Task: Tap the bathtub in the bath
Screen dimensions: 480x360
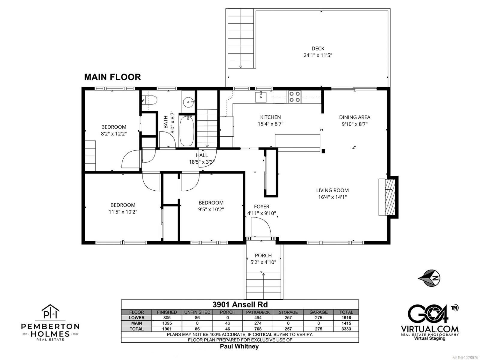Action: [x=187, y=131]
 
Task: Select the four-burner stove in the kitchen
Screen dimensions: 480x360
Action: [x=294, y=97]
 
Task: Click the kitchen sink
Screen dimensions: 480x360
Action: [x=261, y=97]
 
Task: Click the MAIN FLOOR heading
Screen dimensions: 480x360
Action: [x=112, y=77]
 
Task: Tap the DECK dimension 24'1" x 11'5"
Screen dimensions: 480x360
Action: [x=318, y=55]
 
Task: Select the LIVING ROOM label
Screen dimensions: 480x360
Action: [x=332, y=190]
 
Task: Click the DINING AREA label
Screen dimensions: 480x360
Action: [x=355, y=117]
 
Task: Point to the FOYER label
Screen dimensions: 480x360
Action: [x=262, y=207]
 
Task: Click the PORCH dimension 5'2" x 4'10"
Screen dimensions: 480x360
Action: [x=263, y=262]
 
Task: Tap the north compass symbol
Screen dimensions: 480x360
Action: [x=429, y=278]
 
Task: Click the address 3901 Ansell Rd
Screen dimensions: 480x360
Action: [x=240, y=304]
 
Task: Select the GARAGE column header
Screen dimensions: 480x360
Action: [x=318, y=312]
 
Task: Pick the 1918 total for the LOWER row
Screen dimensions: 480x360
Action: [x=346, y=318]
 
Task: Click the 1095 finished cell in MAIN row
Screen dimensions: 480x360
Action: [x=167, y=323]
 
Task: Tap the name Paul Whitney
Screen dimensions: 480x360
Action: [x=239, y=346]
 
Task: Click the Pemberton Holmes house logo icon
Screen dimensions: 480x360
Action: [x=50, y=311]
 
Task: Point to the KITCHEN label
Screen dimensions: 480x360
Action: [x=270, y=117]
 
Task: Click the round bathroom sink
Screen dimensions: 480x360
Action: [x=188, y=102]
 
